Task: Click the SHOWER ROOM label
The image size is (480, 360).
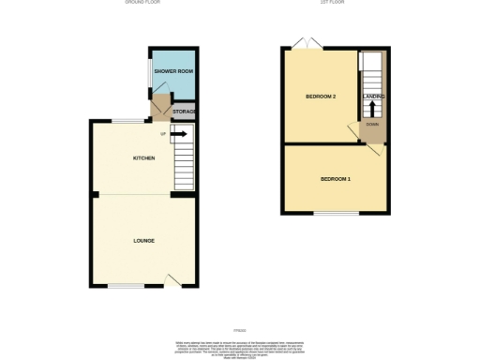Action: (172, 71)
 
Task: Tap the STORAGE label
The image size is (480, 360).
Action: (183, 112)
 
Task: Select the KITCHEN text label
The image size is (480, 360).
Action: (142, 157)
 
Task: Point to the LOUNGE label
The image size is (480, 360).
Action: (143, 241)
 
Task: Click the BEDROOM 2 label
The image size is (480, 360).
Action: (321, 97)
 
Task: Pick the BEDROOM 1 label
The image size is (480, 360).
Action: (336, 179)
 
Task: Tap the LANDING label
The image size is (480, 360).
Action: (374, 97)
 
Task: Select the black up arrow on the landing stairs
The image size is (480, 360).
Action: (373, 108)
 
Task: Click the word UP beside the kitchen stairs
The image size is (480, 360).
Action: (164, 134)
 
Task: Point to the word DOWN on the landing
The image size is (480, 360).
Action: (372, 124)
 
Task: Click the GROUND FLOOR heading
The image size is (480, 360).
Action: (144, 3)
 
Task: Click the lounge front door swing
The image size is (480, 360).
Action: (173, 278)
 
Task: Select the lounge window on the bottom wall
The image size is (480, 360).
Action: (125, 285)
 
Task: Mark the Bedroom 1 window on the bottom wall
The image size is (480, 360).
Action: (335, 215)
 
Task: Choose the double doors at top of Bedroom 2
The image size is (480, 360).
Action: (306, 43)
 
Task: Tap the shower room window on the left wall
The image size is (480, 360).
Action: (148, 73)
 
